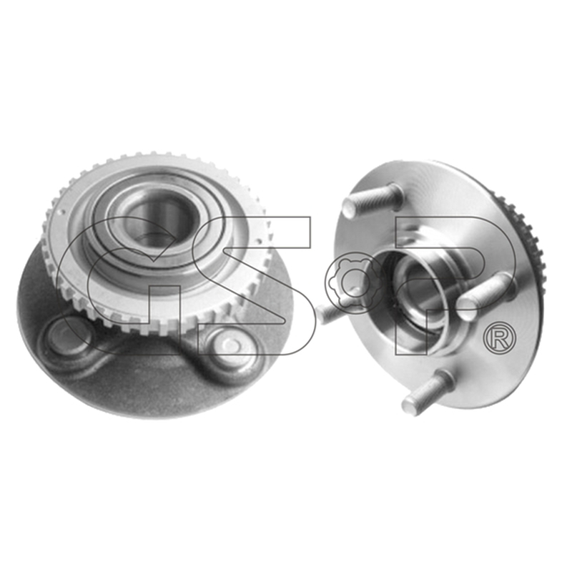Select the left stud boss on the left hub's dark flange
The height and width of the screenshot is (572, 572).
66,338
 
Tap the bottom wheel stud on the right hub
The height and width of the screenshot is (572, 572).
428,391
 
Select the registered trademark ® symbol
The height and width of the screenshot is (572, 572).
499,338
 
